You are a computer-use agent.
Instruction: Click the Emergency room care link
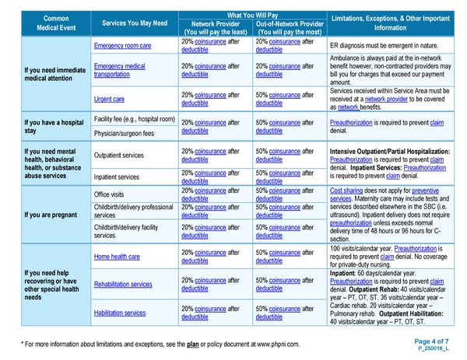pos(122,46)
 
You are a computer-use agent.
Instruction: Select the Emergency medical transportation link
pos(119,71)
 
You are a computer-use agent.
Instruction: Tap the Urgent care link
pos(109,100)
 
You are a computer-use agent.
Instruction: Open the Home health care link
pos(117,257)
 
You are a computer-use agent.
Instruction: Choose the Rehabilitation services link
pos(123,285)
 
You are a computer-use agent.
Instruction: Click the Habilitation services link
pos(120,313)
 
